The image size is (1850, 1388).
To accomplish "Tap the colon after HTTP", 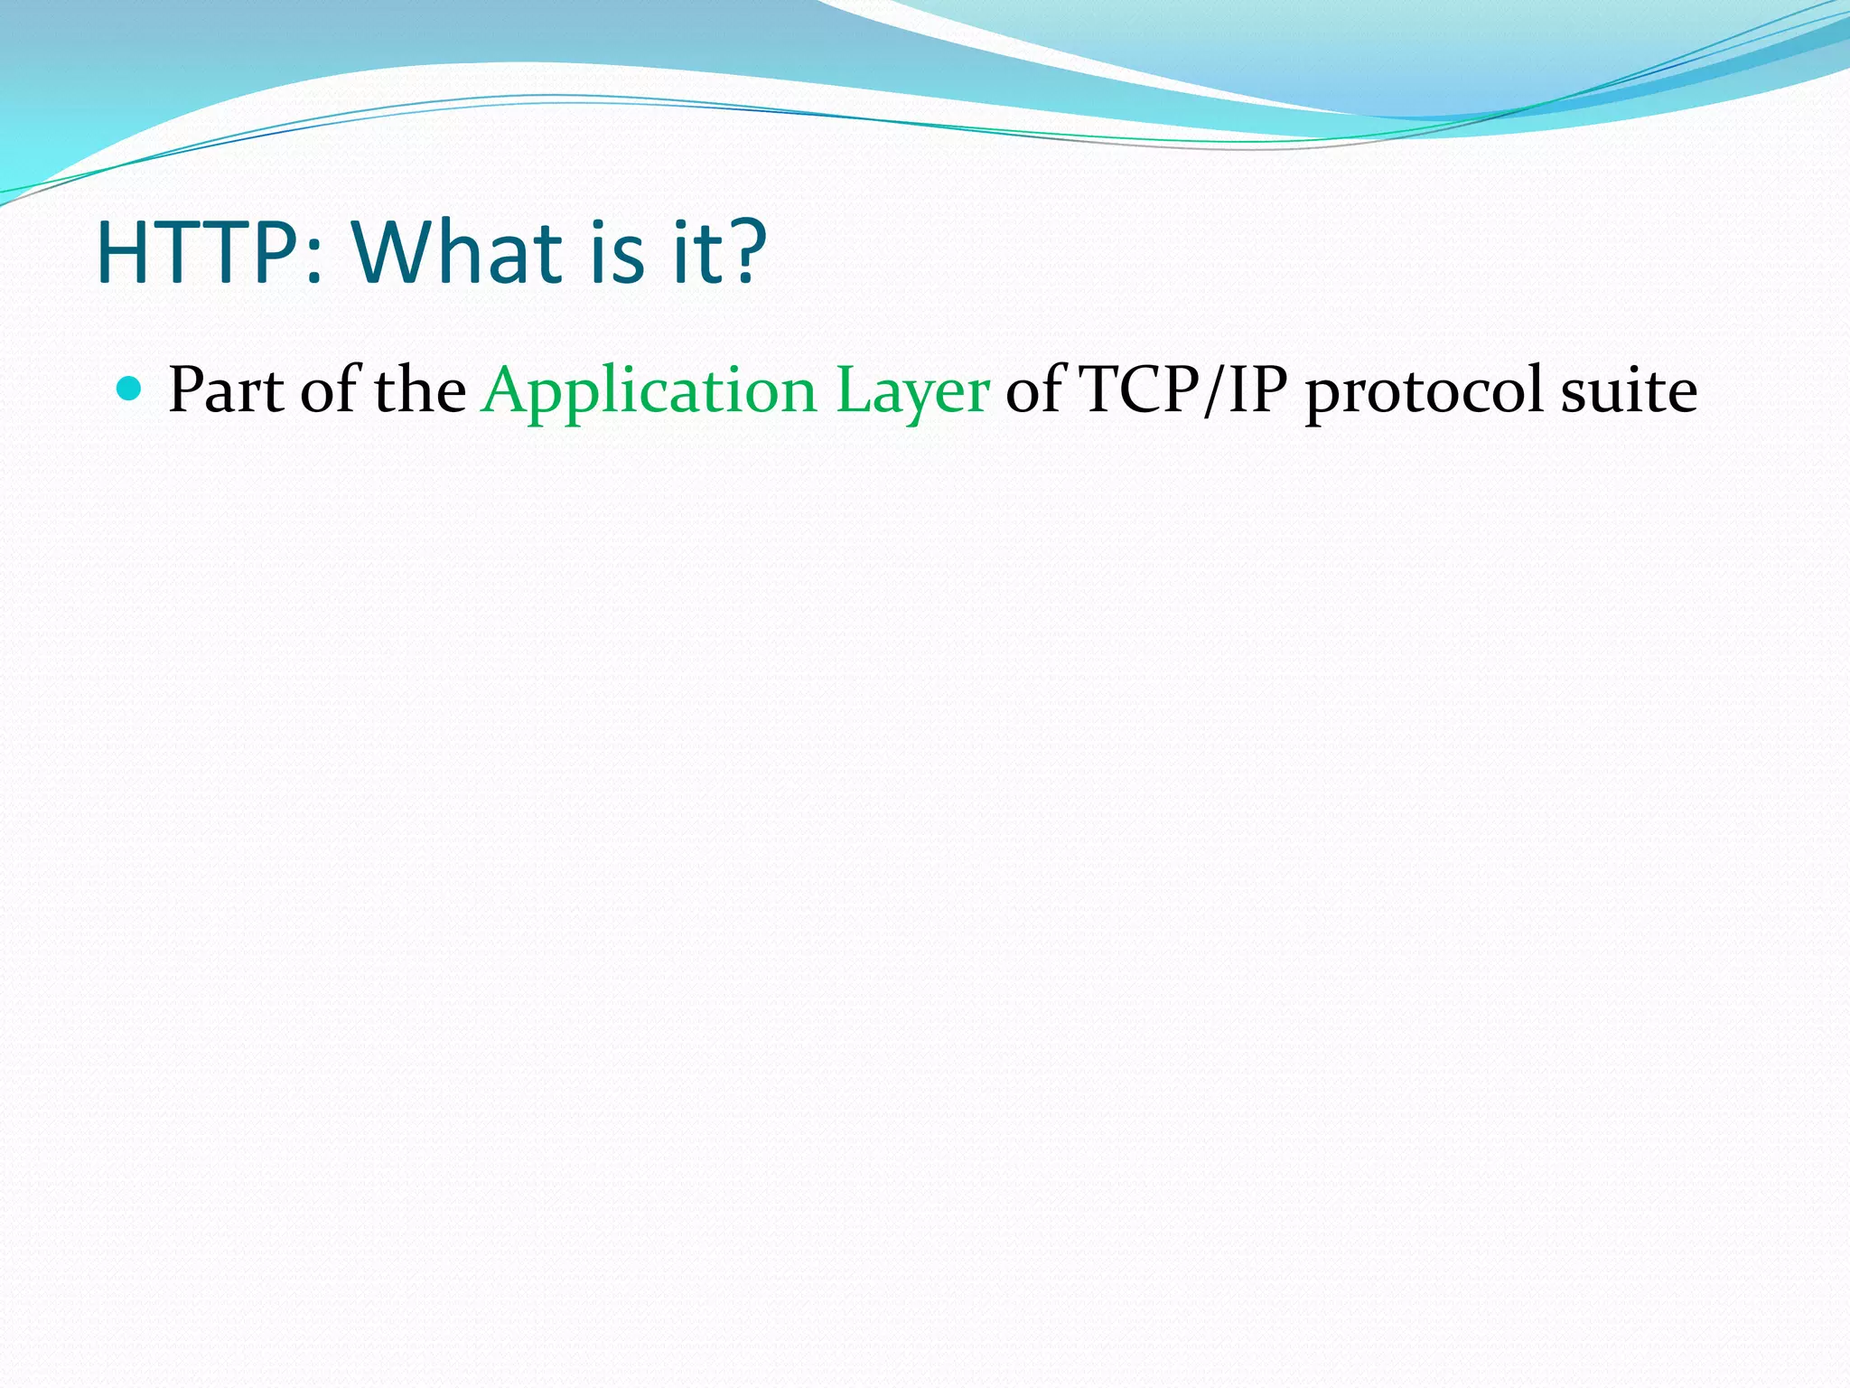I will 313,262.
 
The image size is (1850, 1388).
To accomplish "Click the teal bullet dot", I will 130,389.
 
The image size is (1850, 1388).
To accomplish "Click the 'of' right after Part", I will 329,390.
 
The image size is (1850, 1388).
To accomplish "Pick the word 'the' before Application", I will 420,390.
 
